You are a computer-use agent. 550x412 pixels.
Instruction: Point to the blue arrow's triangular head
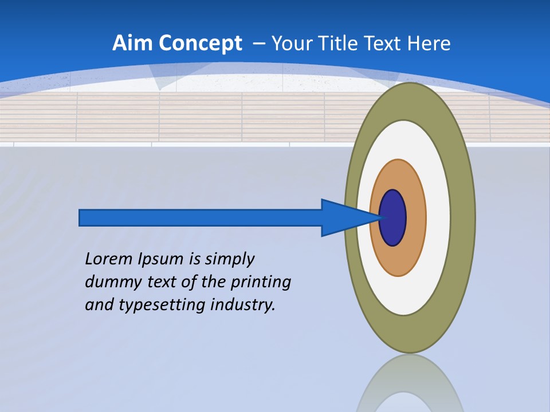pos(344,218)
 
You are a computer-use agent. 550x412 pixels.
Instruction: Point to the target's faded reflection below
pos(409,383)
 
